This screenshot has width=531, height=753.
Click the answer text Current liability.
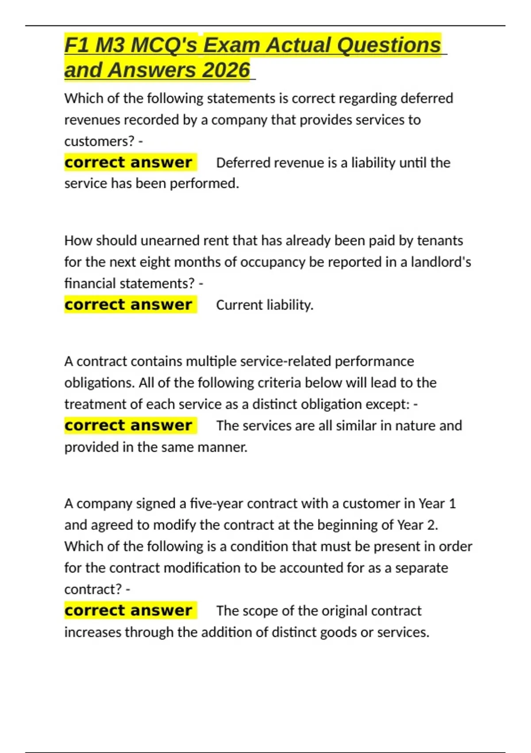coord(265,305)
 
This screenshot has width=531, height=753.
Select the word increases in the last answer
coord(93,632)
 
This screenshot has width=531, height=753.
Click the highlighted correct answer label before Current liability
coord(128,305)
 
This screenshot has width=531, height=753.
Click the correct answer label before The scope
coord(128,610)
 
